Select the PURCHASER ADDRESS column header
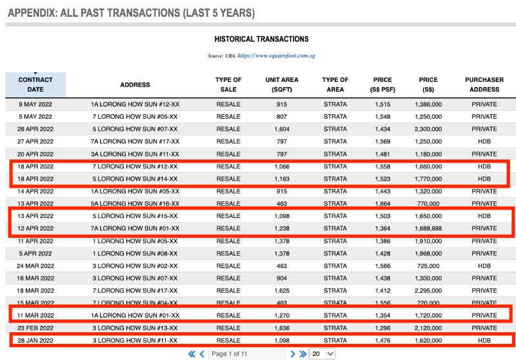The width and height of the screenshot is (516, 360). click(x=484, y=85)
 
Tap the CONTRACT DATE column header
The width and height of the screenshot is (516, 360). click(x=35, y=85)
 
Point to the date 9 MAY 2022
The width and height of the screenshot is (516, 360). click(x=35, y=105)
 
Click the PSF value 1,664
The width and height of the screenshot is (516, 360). click(x=382, y=203)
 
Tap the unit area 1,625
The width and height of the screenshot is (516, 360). click(x=281, y=290)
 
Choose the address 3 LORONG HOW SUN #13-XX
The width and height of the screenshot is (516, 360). click(x=135, y=328)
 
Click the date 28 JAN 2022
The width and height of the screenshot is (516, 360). click(x=35, y=340)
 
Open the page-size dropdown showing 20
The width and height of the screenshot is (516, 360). click(x=322, y=354)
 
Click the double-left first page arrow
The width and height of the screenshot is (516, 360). click(x=192, y=354)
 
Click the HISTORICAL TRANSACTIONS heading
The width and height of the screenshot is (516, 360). click(x=261, y=39)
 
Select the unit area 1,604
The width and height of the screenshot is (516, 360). click(x=281, y=129)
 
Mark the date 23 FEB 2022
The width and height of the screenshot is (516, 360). click(x=35, y=328)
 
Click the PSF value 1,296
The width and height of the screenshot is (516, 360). click(x=382, y=328)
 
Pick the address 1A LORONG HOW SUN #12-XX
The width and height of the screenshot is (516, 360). click(x=135, y=105)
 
